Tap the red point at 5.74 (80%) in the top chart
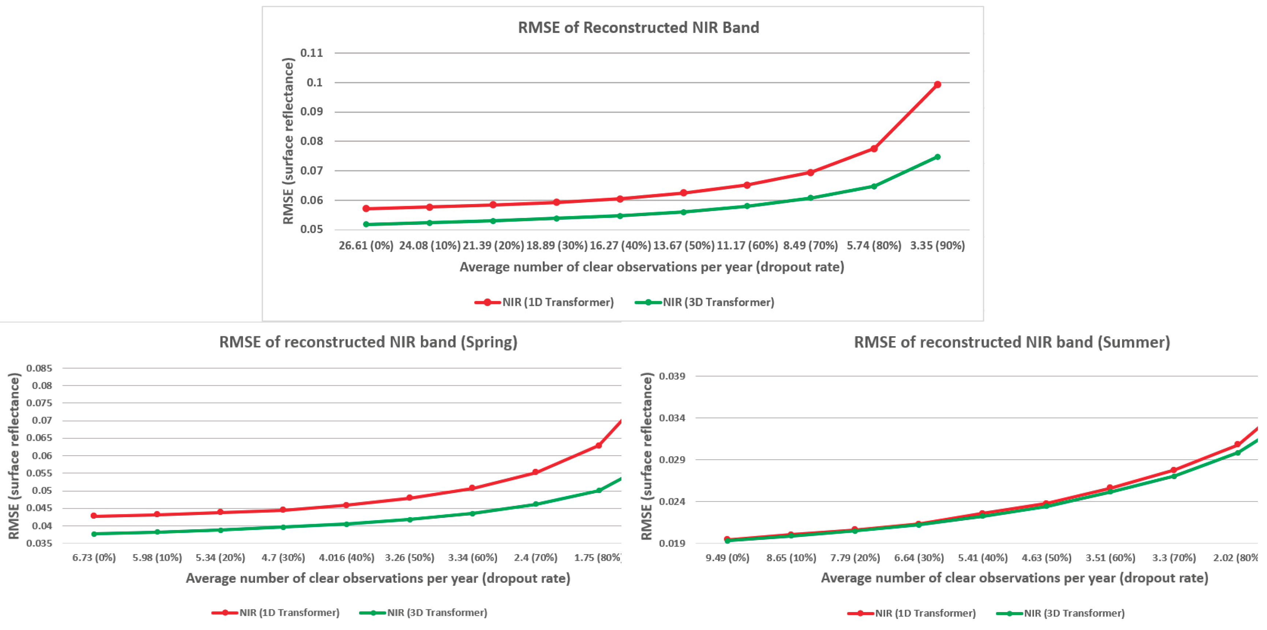click(874, 149)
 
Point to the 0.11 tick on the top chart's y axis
click(312, 53)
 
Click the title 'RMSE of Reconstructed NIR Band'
click(638, 27)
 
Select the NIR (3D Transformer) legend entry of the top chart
click(704, 302)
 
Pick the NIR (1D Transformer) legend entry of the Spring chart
click(276, 613)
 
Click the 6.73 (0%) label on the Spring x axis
click(94, 557)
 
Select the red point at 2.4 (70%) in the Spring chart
click(536, 472)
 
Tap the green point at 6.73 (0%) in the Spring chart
click(94, 534)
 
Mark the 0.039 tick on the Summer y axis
click(672, 376)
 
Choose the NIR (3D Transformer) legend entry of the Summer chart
click(1061, 613)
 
